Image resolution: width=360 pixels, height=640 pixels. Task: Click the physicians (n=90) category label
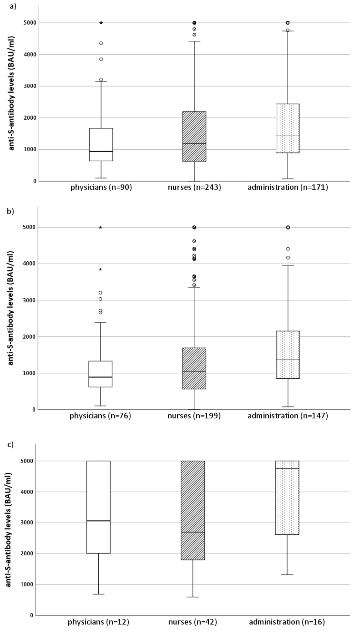click(101, 188)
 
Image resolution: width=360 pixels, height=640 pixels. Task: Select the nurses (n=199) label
click(194, 416)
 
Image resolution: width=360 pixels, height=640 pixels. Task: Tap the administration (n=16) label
click(287, 622)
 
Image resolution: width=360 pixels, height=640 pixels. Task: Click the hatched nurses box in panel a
click(194, 137)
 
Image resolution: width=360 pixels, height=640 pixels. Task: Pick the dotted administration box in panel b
click(288, 355)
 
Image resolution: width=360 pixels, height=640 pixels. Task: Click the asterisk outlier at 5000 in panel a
click(101, 23)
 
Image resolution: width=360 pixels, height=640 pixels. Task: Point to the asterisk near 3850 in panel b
click(100, 269)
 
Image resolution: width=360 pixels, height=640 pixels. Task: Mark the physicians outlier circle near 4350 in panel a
click(101, 43)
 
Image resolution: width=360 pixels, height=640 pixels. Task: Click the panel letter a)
click(13, 6)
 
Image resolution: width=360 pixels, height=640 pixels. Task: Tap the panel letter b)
click(11, 212)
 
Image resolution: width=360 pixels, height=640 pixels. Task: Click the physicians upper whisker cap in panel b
click(100, 323)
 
